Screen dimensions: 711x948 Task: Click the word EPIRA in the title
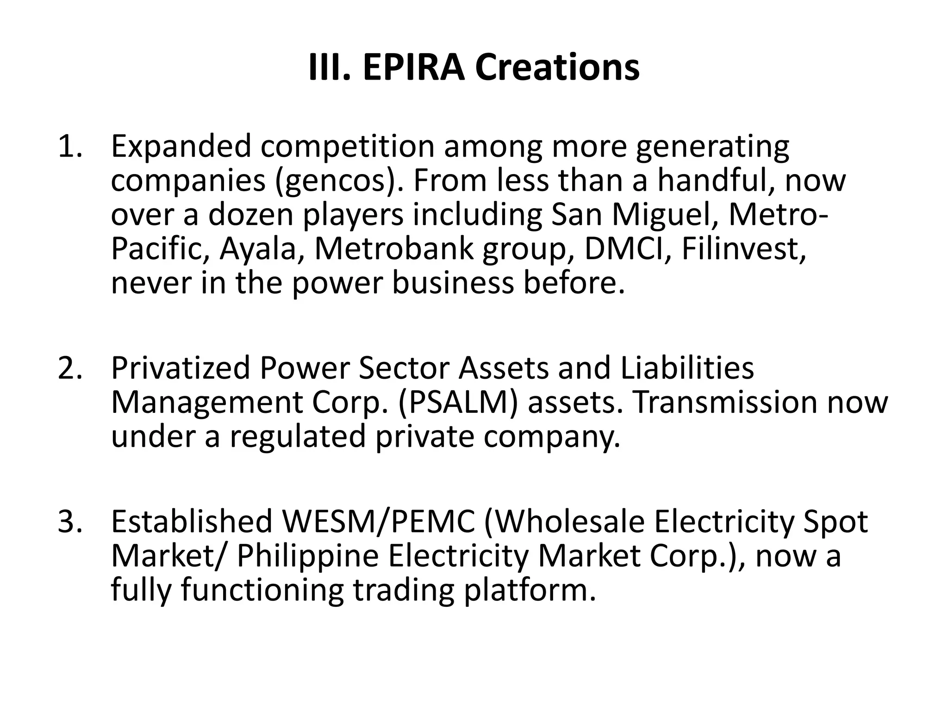point(413,68)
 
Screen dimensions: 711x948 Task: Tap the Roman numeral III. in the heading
point(329,68)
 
